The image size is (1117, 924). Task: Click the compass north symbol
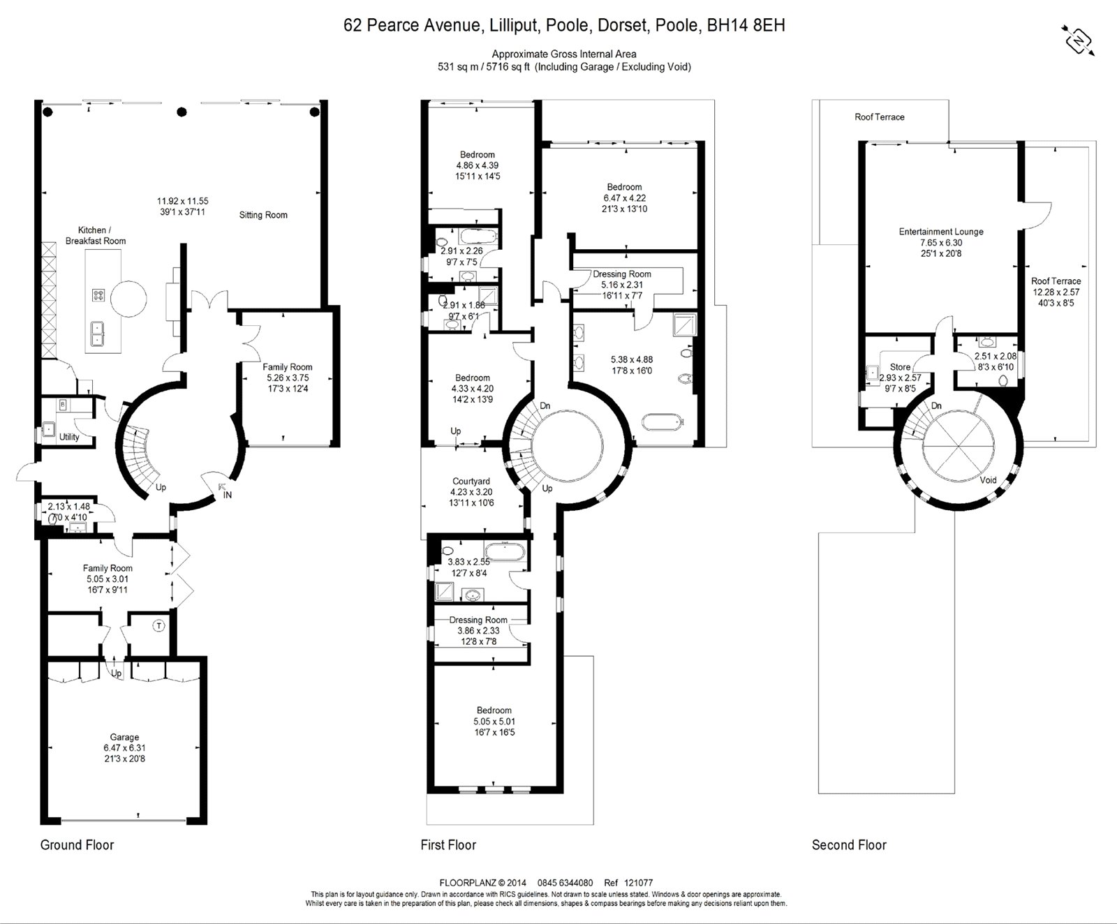[1079, 41]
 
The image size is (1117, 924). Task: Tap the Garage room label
[124, 737]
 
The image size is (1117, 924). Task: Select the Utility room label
[69, 437]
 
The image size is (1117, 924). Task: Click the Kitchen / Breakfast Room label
[96, 235]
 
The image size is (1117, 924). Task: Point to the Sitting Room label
[263, 215]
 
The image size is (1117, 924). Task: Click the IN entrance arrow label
[227, 495]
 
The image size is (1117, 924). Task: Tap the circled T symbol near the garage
[158, 626]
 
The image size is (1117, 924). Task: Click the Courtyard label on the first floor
[471, 482]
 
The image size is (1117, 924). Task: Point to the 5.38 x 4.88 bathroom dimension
[631, 360]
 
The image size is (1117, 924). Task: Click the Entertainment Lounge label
[940, 232]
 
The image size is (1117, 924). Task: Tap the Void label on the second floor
[988, 480]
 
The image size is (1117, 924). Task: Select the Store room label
[900, 367]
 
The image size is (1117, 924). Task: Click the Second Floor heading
[849, 845]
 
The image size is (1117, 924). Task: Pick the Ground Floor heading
[77, 845]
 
